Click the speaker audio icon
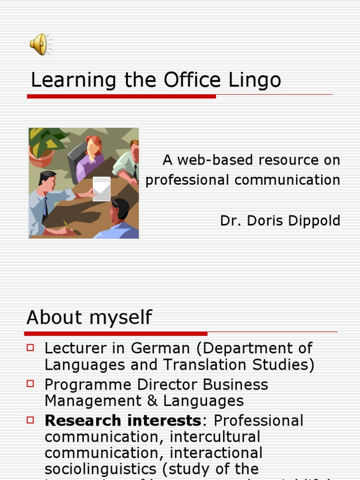point(39,44)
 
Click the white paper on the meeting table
point(101,188)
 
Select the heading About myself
point(89,317)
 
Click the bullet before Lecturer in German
point(31,347)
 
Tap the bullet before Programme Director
point(31,383)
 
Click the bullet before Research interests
point(31,420)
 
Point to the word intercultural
point(215,437)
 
